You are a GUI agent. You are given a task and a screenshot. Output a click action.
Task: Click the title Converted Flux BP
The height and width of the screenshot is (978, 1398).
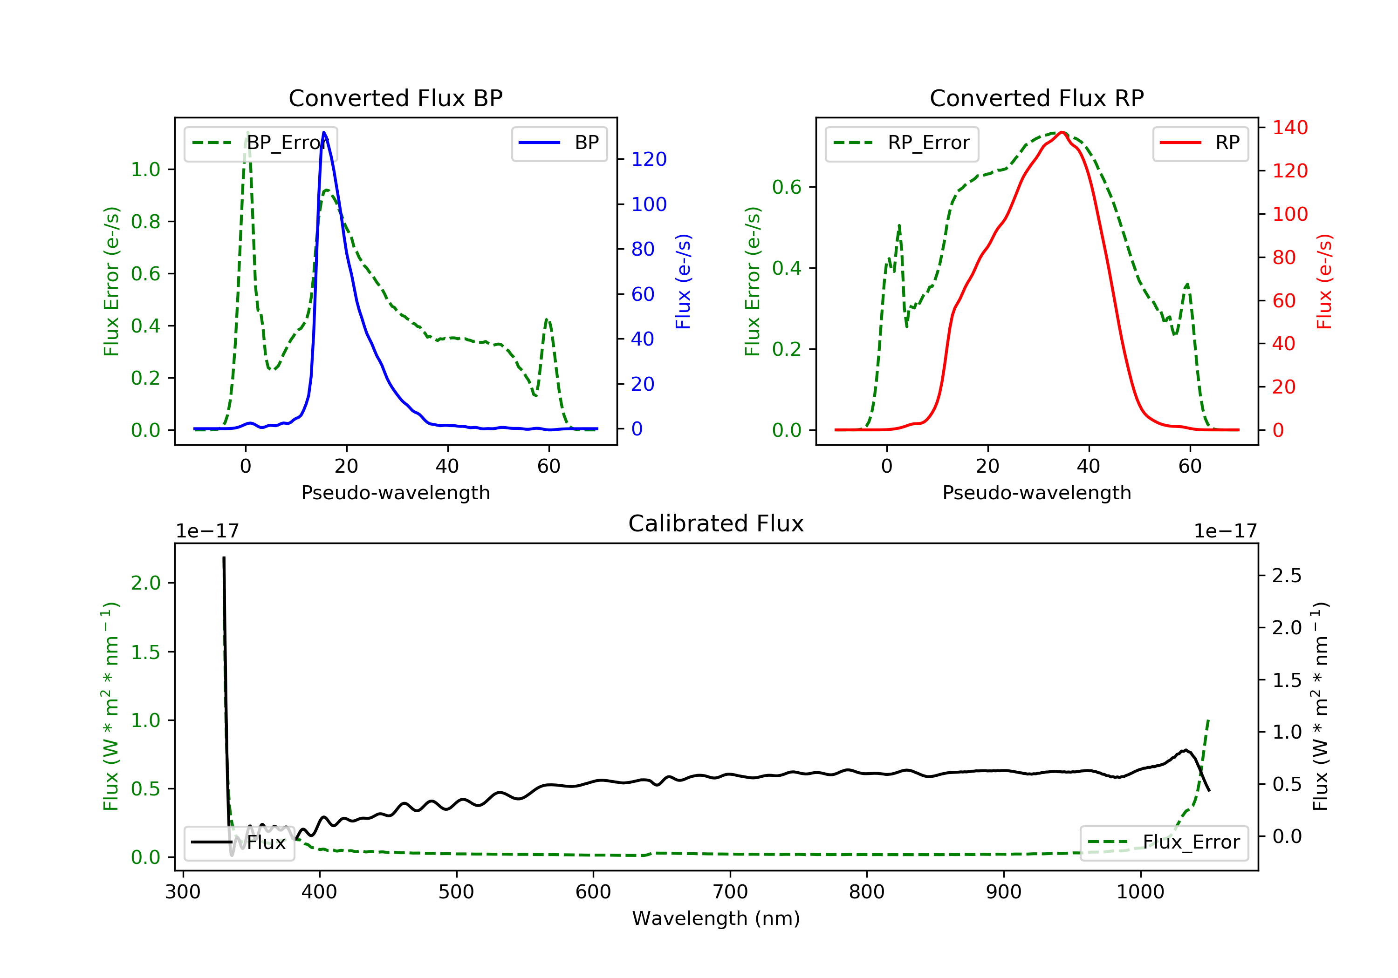[395, 98]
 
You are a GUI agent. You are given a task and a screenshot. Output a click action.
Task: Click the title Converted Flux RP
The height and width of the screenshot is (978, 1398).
[1036, 98]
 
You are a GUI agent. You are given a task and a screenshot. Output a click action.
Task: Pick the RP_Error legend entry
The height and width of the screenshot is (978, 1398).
[902, 143]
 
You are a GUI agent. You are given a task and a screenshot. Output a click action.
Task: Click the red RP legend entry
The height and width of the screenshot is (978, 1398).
[1200, 143]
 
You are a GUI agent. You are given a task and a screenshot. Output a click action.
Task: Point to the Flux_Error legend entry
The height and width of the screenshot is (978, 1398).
[1164, 842]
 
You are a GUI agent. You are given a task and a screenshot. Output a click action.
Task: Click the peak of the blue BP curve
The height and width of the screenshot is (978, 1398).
[324, 132]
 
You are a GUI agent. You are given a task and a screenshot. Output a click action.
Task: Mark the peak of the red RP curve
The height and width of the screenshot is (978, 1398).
[1061, 132]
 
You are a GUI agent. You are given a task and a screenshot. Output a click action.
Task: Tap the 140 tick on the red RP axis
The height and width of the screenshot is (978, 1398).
[1289, 128]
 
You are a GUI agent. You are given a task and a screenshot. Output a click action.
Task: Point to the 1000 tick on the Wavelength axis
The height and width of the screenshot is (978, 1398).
[1140, 892]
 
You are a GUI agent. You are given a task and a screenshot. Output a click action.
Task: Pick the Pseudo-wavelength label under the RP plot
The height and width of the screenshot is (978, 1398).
[1036, 493]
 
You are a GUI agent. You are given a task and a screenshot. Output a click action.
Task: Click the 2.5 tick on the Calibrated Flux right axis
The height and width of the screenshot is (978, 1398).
[1287, 576]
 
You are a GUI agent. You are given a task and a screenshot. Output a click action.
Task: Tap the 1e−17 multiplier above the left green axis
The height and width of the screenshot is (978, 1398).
[207, 531]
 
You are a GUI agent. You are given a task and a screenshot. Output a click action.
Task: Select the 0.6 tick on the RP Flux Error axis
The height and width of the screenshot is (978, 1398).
[787, 187]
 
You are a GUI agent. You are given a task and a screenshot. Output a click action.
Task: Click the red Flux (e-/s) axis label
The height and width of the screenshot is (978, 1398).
[1324, 281]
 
